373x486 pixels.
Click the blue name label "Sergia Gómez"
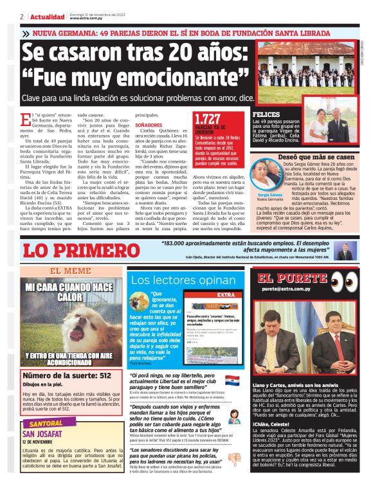[x=270, y=194]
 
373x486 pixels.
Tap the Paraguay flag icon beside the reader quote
[x=232, y=381]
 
